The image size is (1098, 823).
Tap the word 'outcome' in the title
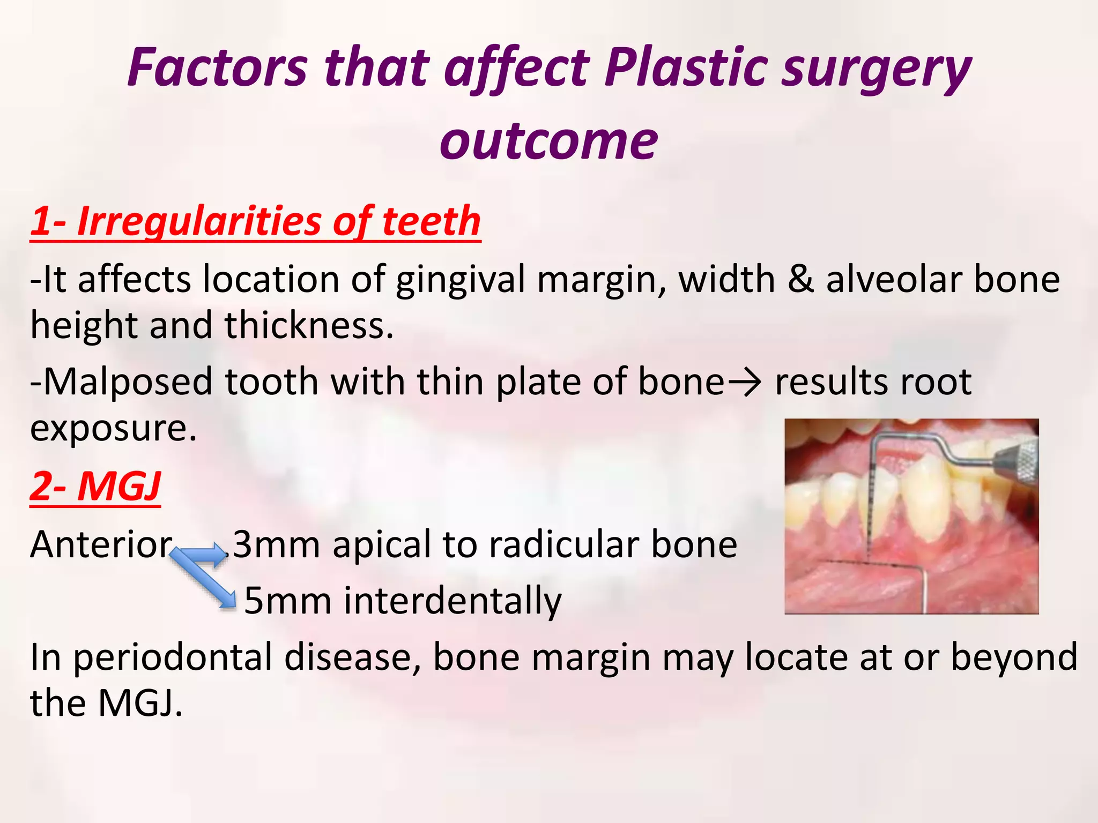pos(548,140)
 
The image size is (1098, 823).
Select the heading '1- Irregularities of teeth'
pos(255,221)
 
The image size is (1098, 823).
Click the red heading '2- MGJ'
pos(95,486)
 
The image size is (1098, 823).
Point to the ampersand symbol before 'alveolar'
pos(800,280)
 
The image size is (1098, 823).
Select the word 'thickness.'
pos(309,325)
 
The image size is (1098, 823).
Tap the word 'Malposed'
pos(128,381)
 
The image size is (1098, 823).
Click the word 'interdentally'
pos(452,601)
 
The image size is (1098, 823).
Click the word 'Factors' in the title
pos(218,68)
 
